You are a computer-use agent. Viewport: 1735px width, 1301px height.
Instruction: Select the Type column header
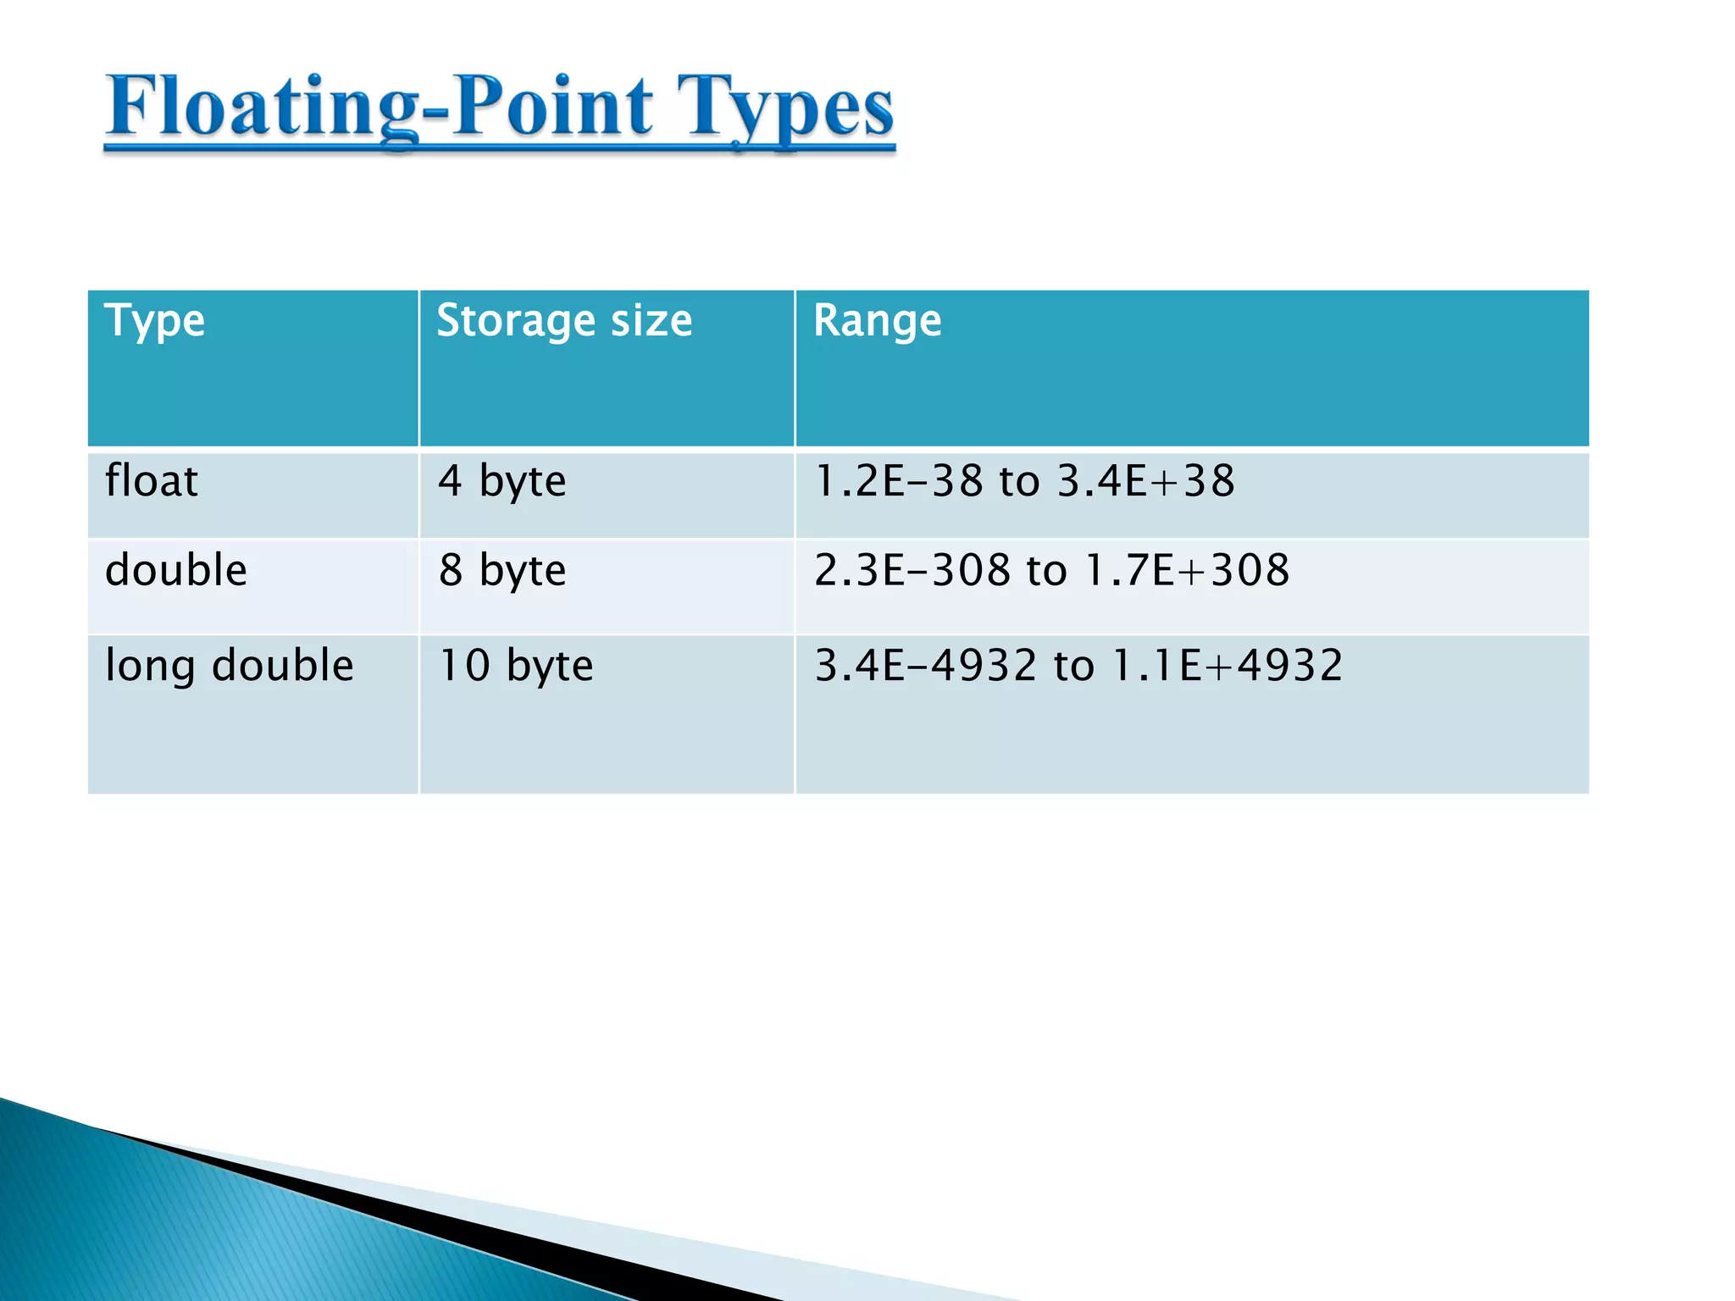point(154,322)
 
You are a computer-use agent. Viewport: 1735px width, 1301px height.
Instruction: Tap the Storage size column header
point(564,322)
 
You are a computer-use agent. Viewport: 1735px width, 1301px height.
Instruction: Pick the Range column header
point(877,322)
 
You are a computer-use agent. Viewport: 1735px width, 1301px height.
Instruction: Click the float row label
point(152,481)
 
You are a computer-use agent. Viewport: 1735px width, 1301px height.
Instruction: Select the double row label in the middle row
point(176,570)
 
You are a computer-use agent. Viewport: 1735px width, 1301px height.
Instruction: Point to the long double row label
point(229,666)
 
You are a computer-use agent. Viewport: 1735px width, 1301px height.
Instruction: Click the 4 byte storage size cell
point(502,482)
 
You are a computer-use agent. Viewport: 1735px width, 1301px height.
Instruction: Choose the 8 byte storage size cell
point(502,571)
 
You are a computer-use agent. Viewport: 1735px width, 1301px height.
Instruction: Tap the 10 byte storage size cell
point(515,666)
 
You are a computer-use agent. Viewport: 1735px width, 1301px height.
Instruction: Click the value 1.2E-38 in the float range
point(898,481)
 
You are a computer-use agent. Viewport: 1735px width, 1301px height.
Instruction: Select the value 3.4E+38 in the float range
point(1146,481)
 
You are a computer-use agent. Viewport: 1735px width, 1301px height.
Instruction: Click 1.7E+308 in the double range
point(1188,570)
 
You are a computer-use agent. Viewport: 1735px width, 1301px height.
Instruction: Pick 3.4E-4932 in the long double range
point(925,666)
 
